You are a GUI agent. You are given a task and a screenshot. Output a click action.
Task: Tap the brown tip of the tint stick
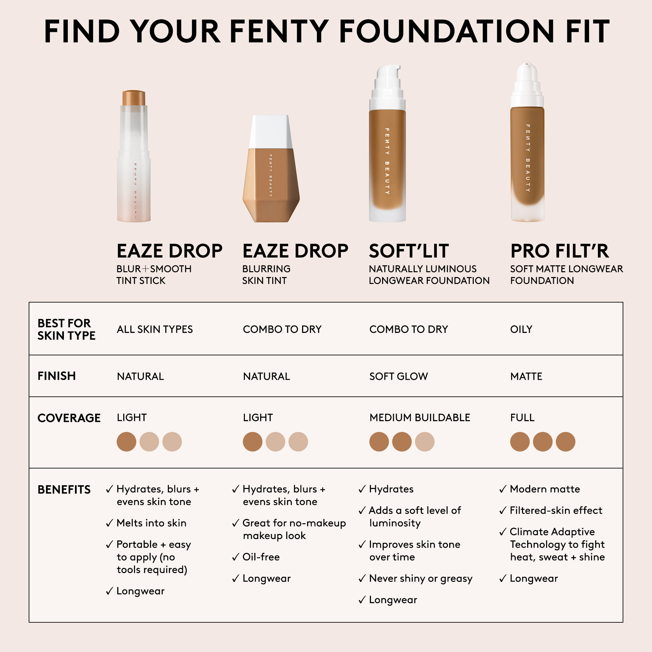click(x=134, y=98)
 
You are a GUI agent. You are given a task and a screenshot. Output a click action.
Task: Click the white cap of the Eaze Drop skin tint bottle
click(x=270, y=132)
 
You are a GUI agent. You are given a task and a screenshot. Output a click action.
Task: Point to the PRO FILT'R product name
click(x=559, y=251)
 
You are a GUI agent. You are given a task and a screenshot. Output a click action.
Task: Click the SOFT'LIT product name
click(x=409, y=251)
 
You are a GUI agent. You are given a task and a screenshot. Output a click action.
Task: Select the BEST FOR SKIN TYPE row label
click(x=66, y=329)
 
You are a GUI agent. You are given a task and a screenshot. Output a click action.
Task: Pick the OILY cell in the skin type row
click(x=521, y=329)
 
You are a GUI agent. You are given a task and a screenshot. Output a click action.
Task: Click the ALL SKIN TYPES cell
click(x=155, y=329)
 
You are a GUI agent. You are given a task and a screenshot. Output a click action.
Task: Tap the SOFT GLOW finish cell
click(x=398, y=376)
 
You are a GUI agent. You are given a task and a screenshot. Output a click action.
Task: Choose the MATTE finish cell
click(x=526, y=376)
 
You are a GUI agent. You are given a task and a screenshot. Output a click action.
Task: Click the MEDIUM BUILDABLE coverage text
click(x=420, y=418)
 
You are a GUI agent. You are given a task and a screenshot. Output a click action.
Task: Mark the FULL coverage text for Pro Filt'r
click(x=522, y=418)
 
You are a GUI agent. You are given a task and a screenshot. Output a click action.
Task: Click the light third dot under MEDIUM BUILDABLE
click(x=424, y=441)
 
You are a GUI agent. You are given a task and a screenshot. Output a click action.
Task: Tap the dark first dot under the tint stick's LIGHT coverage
click(x=126, y=441)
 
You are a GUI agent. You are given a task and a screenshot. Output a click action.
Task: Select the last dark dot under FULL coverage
click(x=565, y=441)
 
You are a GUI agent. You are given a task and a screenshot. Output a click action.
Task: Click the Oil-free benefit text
click(x=261, y=557)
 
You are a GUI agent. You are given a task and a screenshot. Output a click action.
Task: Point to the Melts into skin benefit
click(x=151, y=523)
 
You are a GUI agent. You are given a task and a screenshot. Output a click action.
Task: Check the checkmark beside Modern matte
click(x=502, y=489)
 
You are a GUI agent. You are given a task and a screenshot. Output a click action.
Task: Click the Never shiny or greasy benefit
click(x=421, y=578)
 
